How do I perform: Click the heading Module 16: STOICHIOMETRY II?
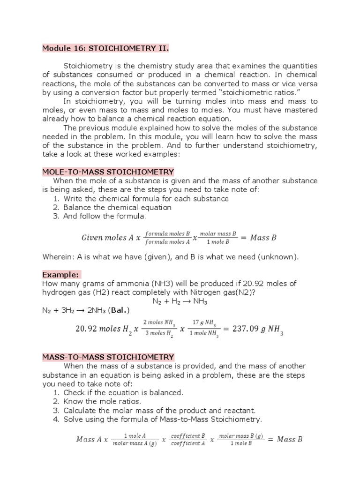click(105, 48)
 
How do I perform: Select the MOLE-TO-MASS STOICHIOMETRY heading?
click(108, 172)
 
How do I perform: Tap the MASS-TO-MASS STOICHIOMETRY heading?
click(108, 357)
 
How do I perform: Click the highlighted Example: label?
click(61, 274)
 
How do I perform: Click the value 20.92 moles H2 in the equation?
click(103, 329)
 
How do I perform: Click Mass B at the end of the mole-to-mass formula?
click(263, 238)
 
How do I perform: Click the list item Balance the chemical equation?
click(117, 207)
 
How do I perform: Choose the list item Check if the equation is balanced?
click(123, 392)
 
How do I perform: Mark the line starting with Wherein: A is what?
click(170, 257)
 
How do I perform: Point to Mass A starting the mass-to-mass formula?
click(89, 439)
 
